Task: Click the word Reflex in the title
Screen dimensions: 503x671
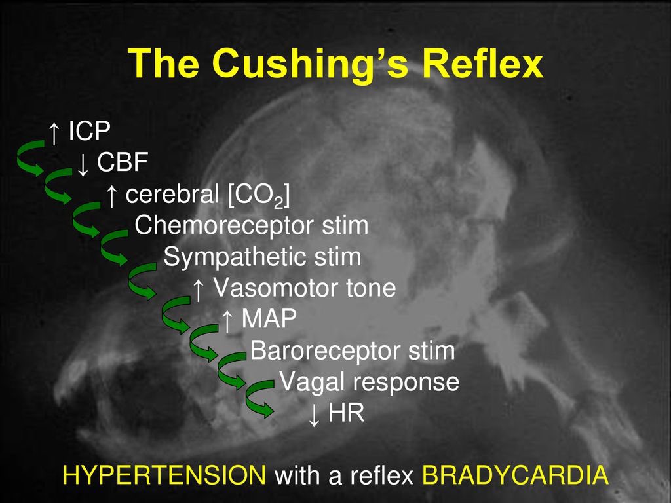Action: tap(483, 64)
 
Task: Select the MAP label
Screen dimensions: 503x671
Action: tap(269, 320)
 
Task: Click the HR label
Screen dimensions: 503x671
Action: tap(346, 414)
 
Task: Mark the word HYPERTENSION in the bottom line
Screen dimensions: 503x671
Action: tap(164, 475)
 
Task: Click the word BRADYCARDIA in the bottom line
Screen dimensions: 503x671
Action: tap(516, 475)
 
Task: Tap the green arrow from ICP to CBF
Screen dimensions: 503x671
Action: tap(29, 157)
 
